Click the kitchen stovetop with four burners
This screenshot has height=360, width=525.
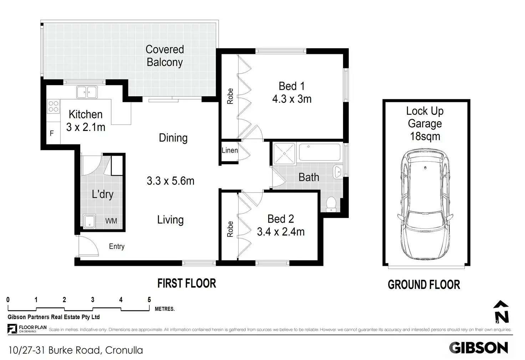(53, 106)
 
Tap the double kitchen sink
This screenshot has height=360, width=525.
(87, 92)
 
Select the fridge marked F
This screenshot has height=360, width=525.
(52, 133)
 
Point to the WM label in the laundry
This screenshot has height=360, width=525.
(111, 221)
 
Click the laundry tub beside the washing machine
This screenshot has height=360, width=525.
(89, 221)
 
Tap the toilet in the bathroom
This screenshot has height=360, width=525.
(331, 204)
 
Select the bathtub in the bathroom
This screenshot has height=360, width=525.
(320, 152)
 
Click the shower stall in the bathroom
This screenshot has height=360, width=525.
(284, 154)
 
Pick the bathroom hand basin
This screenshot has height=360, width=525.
(338, 172)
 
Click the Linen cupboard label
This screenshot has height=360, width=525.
(230, 150)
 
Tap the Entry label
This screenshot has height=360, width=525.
(117, 246)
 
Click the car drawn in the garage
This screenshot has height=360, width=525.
(425, 204)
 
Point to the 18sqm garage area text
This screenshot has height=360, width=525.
(425, 136)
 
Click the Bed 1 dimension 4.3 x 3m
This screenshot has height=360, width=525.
(292, 99)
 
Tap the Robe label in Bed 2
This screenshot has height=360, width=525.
(230, 229)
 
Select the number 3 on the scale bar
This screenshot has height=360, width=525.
(93, 299)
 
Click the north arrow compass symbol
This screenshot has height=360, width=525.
(501, 311)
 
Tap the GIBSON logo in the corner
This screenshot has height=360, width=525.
(478, 348)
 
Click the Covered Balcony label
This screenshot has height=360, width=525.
(165, 56)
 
